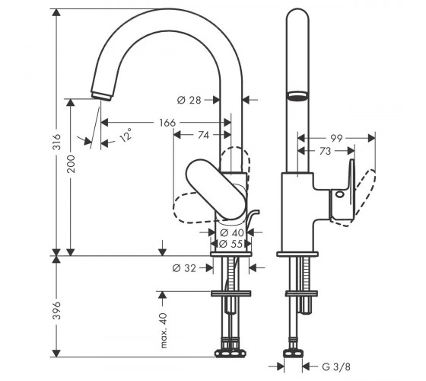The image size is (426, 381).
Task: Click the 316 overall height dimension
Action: [x=57, y=142]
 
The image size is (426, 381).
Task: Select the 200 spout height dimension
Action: [x=72, y=164]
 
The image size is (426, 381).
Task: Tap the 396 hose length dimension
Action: [x=57, y=310]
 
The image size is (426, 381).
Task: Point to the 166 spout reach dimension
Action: [x=167, y=123]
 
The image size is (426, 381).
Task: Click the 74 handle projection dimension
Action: [x=204, y=135]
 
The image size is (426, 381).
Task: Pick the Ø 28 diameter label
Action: [x=189, y=100]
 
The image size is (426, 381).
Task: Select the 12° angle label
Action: [x=126, y=135]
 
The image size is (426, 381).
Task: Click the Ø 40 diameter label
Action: [x=232, y=232]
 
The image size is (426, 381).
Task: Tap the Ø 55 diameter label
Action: [x=230, y=244]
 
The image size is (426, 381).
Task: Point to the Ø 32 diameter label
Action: [x=184, y=268]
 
